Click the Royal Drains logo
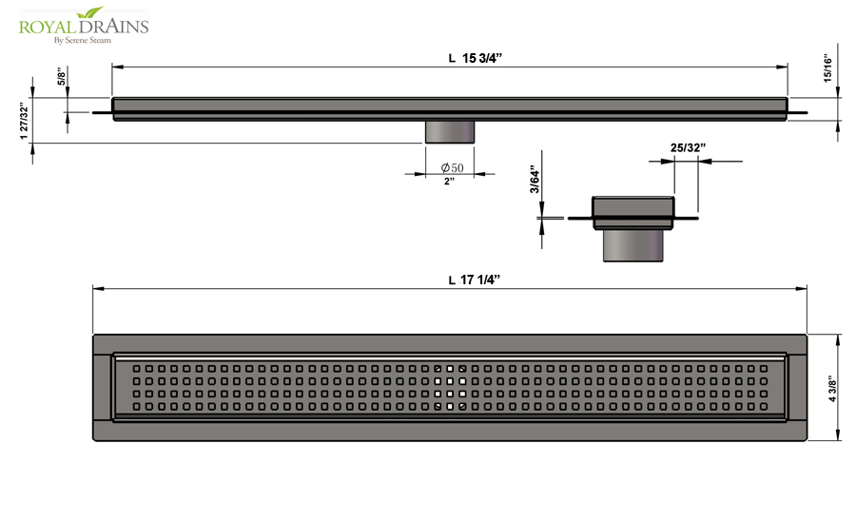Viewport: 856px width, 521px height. pos(84,26)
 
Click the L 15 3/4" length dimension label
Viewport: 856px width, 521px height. pos(475,58)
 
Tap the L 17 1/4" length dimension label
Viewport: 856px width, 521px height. pos(475,280)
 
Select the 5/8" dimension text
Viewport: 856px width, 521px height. pos(62,76)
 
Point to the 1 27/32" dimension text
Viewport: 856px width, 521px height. pos(24,121)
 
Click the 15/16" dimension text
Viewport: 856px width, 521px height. pos(828,68)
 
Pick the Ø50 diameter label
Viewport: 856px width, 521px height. pos(453,167)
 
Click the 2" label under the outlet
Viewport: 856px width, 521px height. pos(449,182)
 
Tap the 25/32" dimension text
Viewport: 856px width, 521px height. pos(688,148)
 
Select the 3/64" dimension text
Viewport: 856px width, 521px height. pos(535,179)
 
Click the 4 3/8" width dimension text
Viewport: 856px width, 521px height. pos(832,389)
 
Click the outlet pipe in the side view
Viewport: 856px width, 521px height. pos(450,132)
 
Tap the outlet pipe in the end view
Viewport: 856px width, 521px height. pos(633,245)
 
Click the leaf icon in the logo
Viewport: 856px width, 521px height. pos(90,12)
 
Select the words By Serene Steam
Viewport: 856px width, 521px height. pos(83,40)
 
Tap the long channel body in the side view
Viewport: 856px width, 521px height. pos(450,108)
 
